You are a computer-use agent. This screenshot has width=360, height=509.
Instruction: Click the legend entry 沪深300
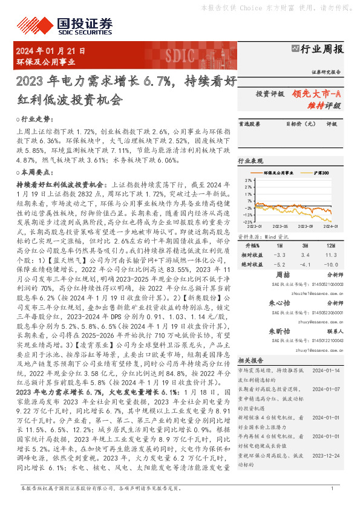tap(320, 173)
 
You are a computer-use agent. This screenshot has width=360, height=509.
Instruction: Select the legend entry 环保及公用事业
tap(281, 173)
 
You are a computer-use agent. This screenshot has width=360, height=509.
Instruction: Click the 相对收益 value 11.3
tap(330, 255)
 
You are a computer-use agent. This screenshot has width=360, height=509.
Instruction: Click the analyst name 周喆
tap(283, 275)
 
